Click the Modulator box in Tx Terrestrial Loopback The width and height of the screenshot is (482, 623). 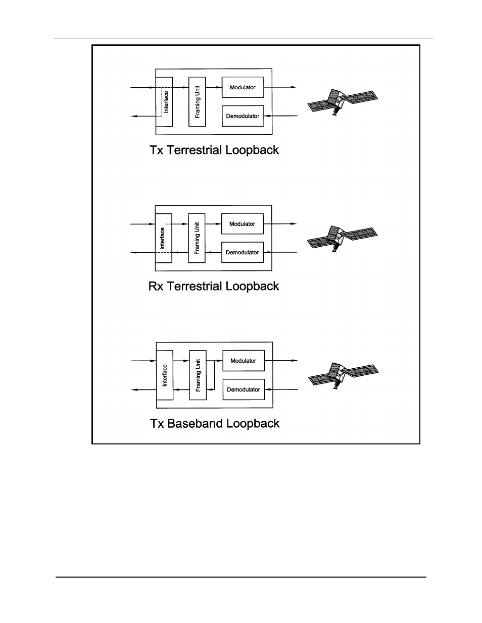(243, 87)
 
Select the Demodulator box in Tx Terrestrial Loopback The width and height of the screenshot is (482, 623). (243, 116)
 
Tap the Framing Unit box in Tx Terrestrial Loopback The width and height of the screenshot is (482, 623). (197, 101)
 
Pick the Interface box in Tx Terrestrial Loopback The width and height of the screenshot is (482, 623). (164, 101)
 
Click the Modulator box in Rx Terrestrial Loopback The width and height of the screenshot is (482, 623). (243, 223)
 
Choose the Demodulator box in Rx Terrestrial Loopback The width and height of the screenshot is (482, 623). (243, 252)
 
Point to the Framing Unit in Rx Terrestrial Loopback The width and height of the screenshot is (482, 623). (197, 238)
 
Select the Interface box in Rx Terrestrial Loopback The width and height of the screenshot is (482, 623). (164, 238)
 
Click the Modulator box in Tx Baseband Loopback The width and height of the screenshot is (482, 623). (244, 360)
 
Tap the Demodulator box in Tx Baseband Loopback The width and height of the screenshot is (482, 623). (244, 389)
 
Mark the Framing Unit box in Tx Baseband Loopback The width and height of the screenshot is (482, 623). (198, 375)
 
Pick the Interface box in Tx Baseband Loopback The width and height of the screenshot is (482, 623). (165, 375)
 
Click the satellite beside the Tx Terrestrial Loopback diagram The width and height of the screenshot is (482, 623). (343, 102)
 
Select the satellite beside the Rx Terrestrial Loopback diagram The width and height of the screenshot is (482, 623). (342, 239)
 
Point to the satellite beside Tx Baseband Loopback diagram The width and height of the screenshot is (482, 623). (344, 375)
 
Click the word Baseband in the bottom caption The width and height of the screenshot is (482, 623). (196, 423)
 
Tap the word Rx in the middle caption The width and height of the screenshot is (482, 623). (156, 287)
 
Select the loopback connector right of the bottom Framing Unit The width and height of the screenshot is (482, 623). (214, 375)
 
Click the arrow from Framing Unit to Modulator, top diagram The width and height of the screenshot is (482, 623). (214, 87)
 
